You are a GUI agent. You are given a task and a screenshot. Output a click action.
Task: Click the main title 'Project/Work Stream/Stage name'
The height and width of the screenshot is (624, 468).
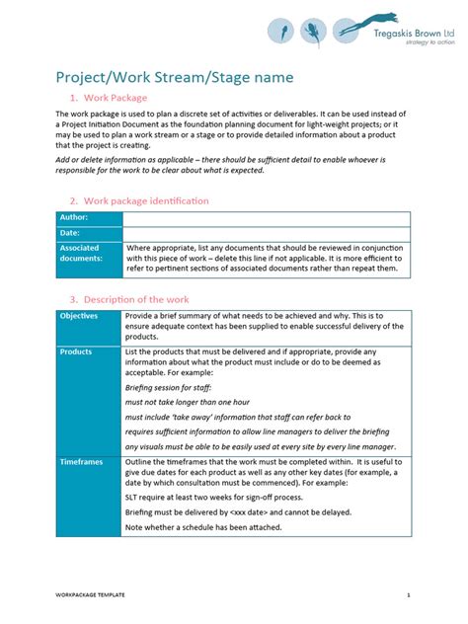(x=174, y=77)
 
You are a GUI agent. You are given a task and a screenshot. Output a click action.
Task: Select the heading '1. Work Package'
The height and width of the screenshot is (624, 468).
(x=109, y=98)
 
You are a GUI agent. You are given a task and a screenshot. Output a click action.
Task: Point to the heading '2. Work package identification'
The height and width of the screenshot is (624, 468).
(x=138, y=200)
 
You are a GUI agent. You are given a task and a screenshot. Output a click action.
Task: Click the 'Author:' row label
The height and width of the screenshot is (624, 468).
(x=74, y=217)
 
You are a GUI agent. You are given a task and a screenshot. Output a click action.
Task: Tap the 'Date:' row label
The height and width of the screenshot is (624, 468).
(x=70, y=233)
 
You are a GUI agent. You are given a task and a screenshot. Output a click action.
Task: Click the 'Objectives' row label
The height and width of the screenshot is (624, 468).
(x=79, y=316)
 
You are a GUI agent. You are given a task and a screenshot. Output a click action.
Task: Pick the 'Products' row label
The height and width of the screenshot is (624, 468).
(x=76, y=351)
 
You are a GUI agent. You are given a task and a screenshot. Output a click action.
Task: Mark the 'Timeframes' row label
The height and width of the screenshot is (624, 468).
(x=81, y=461)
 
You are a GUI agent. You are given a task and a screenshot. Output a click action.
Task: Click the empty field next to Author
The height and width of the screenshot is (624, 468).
(x=267, y=217)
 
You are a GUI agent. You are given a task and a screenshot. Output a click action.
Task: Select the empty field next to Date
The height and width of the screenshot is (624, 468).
(x=267, y=233)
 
